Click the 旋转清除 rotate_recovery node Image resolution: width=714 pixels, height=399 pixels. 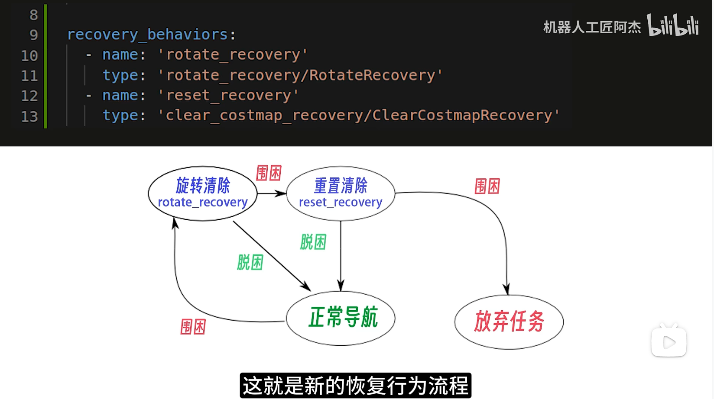202,193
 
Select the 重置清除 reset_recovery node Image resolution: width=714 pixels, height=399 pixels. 341,193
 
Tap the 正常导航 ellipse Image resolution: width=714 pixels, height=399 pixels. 341,318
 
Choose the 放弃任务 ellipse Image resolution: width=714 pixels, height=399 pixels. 509,322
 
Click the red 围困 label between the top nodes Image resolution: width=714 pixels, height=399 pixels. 269,173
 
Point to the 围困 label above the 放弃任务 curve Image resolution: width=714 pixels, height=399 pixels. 487,187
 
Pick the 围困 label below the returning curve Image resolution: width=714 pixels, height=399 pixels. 193,327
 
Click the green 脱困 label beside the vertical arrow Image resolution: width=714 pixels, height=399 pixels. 313,242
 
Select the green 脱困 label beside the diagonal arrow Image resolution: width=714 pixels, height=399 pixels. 250,262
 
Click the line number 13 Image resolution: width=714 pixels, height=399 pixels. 29,116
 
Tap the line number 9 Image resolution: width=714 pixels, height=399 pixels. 33,35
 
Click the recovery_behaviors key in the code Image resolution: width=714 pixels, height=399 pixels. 147,35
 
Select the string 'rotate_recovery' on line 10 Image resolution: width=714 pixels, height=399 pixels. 233,55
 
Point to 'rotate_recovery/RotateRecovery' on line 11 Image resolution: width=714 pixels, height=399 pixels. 300,75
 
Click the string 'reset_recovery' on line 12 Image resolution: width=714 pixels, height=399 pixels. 228,95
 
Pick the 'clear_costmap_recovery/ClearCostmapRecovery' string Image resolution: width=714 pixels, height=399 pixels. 358,116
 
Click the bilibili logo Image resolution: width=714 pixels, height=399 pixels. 672,25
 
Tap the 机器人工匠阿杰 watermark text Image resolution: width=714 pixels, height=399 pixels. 592,28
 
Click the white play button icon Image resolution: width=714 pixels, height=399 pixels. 669,342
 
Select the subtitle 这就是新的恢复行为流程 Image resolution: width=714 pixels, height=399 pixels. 355,386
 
